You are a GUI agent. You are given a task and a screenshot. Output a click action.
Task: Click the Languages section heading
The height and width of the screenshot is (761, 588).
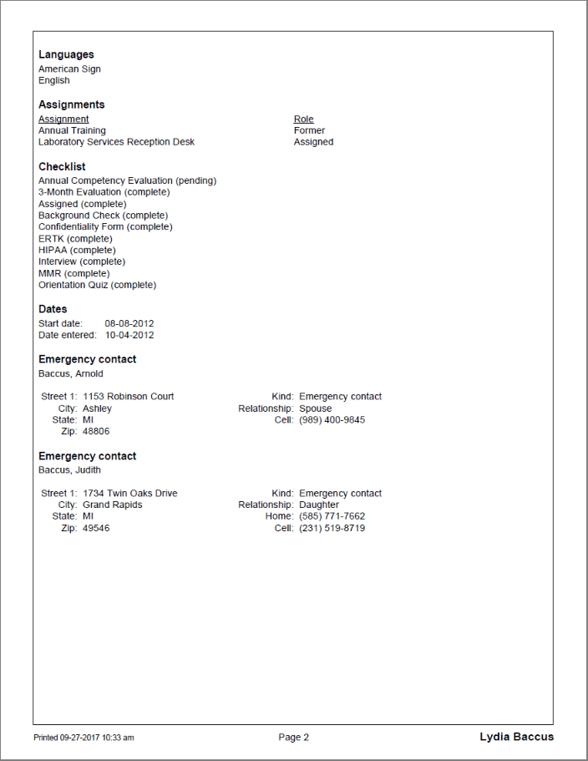[66, 54]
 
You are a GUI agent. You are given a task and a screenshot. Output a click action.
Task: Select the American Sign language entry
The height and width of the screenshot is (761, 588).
[69, 69]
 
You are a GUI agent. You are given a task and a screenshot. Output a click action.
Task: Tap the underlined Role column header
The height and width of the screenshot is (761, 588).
[304, 119]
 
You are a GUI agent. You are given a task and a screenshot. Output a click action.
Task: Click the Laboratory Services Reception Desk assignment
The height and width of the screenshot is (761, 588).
[116, 142]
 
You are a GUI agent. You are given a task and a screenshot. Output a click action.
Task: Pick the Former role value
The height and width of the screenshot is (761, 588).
[309, 130]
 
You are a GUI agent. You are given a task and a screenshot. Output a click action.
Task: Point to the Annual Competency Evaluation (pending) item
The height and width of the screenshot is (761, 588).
[127, 180]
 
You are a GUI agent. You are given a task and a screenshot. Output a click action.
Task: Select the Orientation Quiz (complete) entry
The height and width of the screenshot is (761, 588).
[97, 285]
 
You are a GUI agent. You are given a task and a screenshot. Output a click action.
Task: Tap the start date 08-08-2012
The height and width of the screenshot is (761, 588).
[129, 323]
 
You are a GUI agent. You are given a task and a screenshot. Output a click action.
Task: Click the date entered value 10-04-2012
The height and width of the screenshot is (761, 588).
[129, 335]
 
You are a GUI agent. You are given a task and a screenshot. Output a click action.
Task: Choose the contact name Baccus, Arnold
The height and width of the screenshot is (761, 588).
[71, 373]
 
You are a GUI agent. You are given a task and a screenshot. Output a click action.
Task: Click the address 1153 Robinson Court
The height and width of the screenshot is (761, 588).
[129, 397]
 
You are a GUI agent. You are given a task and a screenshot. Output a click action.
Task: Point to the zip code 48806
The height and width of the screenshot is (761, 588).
[96, 432]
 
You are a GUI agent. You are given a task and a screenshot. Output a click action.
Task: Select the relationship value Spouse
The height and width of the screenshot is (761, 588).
[316, 408]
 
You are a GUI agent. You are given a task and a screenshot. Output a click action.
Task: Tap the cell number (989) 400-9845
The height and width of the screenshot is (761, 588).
[332, 420]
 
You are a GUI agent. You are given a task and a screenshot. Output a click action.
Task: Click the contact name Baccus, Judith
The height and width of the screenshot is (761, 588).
[69, 469]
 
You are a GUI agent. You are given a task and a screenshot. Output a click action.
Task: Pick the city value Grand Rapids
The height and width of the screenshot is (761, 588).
[113, 505]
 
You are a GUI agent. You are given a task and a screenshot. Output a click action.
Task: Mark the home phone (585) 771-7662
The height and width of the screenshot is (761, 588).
[332, 516]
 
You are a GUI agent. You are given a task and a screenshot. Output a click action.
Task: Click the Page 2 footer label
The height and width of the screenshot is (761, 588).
[294, 737]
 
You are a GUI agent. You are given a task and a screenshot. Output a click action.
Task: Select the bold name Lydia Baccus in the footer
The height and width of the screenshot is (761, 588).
[516, 737]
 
